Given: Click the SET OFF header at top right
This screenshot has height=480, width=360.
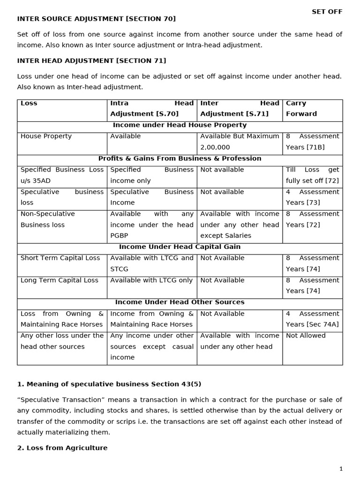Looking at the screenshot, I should tap(327, 12).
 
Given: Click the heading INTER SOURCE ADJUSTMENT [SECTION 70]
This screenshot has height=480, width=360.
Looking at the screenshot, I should tap(97, 19).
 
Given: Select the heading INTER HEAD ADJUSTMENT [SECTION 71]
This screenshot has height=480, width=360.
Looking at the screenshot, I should tap(91, 61).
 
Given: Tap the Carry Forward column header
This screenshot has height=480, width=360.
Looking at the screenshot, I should tap(301, 108).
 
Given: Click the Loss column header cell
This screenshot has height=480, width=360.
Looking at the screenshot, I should tap(29, 103).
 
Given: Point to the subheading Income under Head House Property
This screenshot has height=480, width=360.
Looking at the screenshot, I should tap(180, 125).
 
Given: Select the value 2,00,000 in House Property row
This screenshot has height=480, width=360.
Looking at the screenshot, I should tap(214, 147).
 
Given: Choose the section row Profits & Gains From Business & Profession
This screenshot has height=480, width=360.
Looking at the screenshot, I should tap(180, 158).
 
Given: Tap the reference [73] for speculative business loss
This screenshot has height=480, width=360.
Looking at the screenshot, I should tap(313, 202).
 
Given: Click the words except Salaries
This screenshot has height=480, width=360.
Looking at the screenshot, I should tap(226, 236).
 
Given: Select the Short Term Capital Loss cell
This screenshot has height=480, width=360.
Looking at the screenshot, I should tap(60, 258).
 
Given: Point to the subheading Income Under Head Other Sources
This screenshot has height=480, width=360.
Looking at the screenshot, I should tap(180, 302).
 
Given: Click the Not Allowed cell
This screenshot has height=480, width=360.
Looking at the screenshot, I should tap(306, 336).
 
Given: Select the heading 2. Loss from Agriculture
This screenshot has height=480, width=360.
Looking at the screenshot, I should tap(62, 448).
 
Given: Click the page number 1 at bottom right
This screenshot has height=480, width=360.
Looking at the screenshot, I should tap(341, 469).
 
